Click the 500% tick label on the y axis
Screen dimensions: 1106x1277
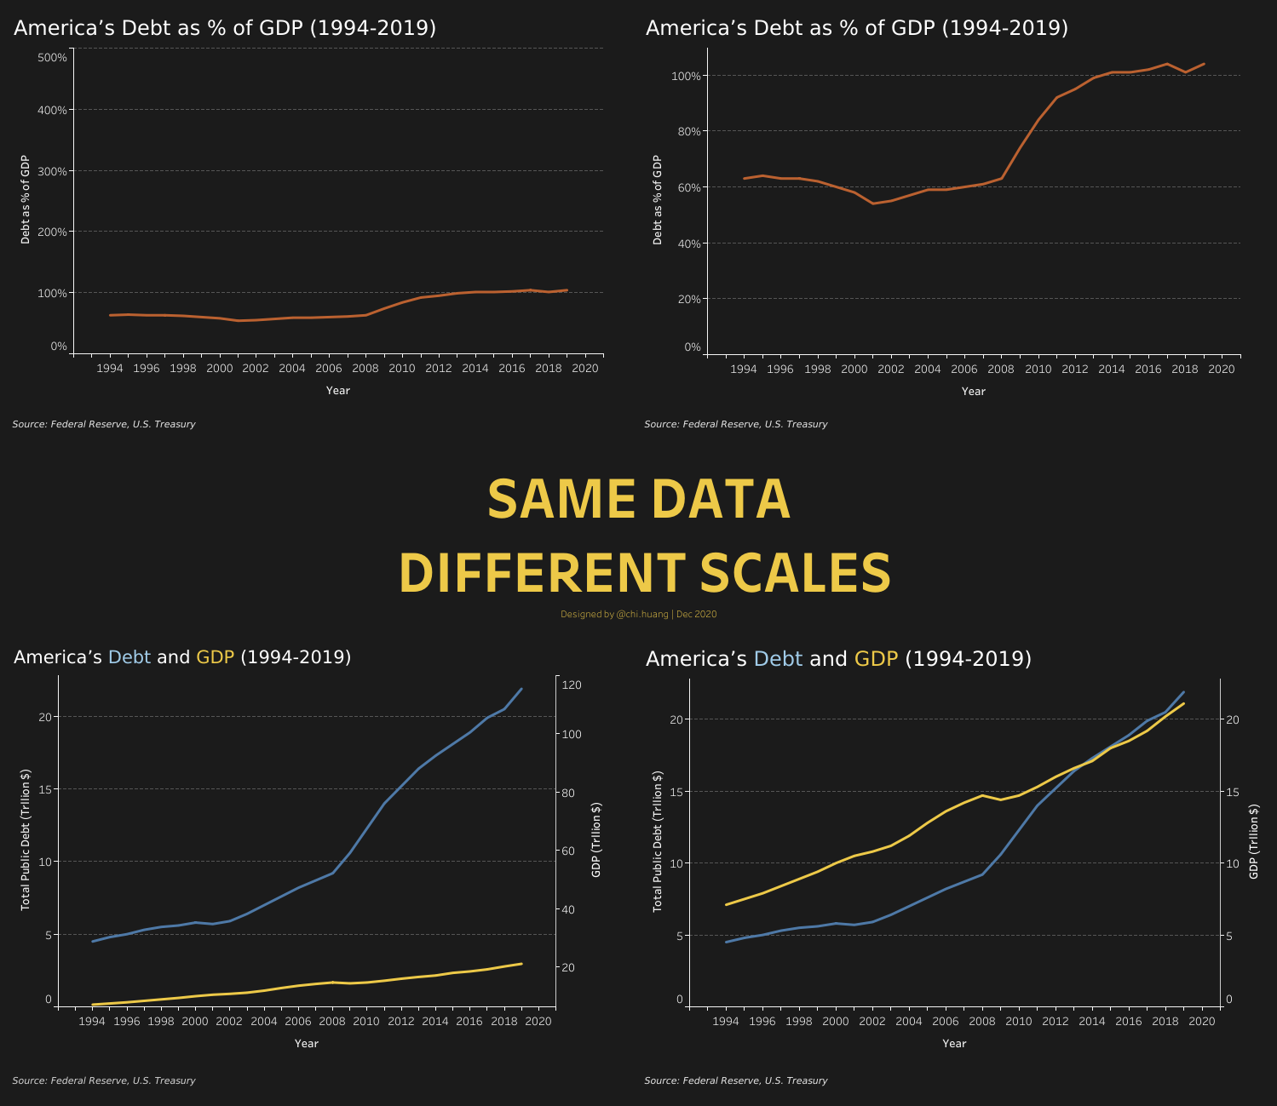pos(53,57)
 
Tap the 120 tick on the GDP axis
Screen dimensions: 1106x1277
pos(571,685)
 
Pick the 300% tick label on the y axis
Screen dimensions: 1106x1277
pos(53,171)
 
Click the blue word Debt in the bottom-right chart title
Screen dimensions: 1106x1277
pos(778,659)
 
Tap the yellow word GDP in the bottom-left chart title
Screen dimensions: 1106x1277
pos(215,657)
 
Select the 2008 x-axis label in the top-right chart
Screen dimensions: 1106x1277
pos(1000,370)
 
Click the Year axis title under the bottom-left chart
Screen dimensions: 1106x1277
pos(306,1043)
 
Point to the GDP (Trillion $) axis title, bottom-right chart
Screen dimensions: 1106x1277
pos(1253,841)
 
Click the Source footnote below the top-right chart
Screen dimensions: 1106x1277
pos(735,424)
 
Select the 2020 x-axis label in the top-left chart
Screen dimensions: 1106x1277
pos(584,369)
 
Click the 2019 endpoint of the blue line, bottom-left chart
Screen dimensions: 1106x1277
pos(521,689)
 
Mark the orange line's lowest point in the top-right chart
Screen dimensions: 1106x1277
pos(872,203)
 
